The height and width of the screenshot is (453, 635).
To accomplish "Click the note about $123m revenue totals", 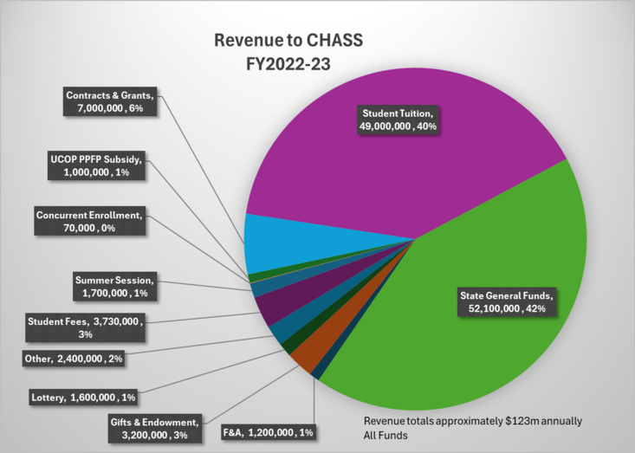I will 472,428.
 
